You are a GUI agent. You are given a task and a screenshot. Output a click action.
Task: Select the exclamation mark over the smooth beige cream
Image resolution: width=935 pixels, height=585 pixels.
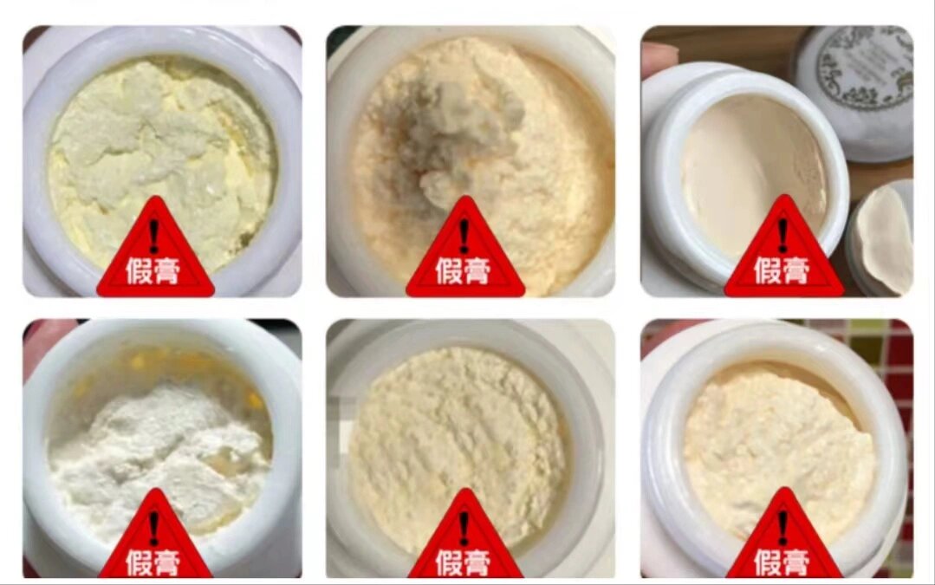pyautogui.click(x=782, y=235)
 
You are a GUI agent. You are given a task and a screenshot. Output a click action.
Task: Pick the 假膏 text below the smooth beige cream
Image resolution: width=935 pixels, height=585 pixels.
pyautogui.click(x=782, y=270)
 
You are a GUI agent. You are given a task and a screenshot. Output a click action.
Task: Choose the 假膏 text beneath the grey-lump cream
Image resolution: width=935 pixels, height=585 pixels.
pyautogui.click(x=464, y=270)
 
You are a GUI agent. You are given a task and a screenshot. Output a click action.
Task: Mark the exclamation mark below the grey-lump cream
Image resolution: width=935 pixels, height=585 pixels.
pyautogui.click(x=464, y=235)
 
